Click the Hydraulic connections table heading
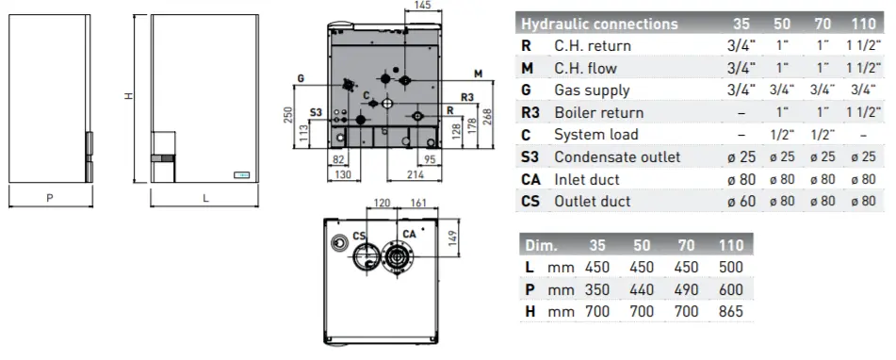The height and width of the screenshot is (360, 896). click(599, 24)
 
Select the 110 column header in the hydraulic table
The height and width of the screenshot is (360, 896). click(863, 24)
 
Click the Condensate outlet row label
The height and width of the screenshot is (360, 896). click(617, 156)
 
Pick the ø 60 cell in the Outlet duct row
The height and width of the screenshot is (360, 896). click(741, 201)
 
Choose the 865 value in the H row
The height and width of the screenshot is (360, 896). click(731, 311)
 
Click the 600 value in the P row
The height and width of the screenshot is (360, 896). click(731, 289)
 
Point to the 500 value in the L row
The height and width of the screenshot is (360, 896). click(731, 268)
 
